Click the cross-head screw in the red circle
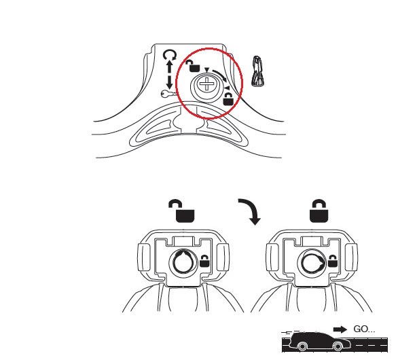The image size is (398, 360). pos(206,84)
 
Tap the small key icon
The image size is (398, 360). pos(168,94)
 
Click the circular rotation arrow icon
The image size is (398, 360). pos(170,55)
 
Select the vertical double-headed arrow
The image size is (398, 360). pos(169,75)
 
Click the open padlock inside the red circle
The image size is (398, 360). pos(193,66)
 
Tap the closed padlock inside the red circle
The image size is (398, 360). pos(228,99)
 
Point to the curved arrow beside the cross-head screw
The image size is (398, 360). pos(220,75)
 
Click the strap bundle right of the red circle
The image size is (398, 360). pos(258,71)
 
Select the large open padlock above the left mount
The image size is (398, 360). pos(182,211)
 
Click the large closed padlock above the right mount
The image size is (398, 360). pos(319,211)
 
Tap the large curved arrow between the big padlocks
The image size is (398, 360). pos(251,211)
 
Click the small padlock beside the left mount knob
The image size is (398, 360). pos(205,261)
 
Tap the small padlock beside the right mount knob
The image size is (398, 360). pos(333,261)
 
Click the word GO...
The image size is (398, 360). pos(361,329)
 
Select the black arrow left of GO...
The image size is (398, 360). pos(340,329)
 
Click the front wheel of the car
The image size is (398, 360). pos(338,346)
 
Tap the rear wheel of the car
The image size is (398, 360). pos(302,346)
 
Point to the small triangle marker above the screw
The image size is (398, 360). pos(207,70)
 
